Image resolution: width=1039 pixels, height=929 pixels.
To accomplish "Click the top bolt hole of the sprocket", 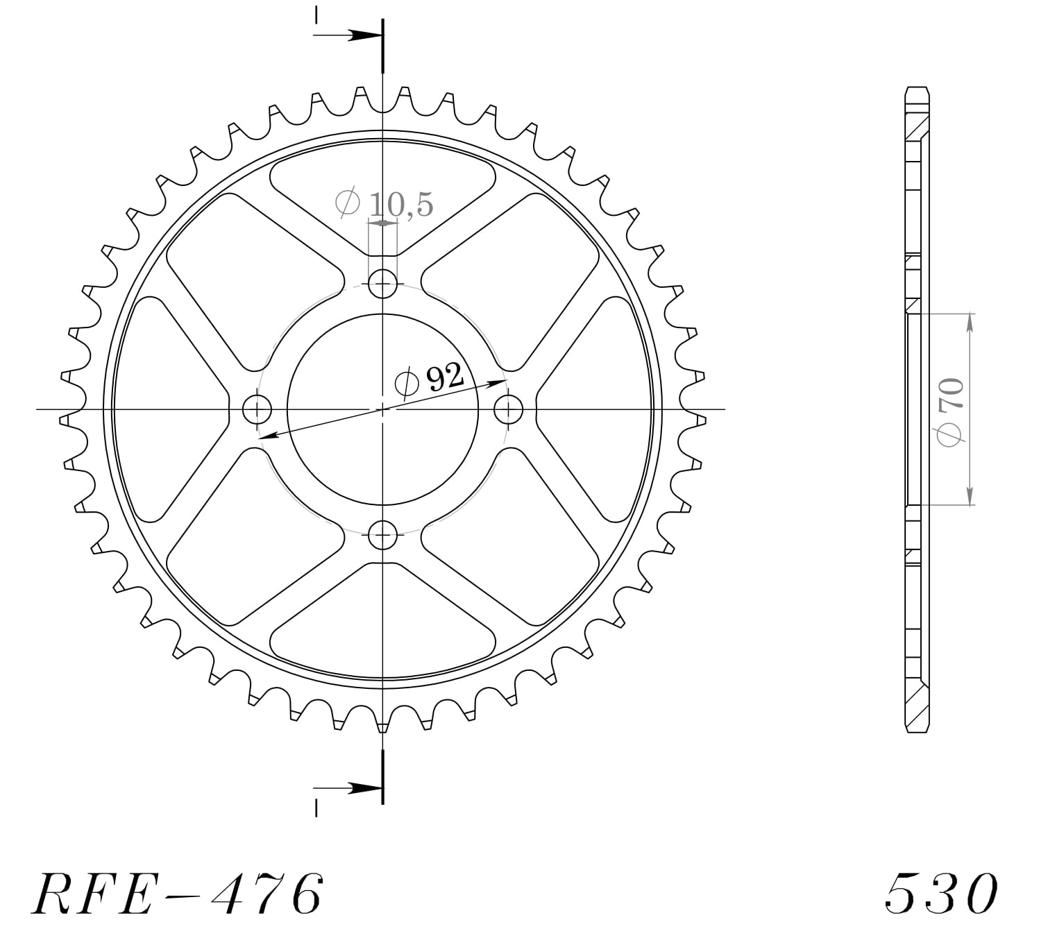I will pos(382,283).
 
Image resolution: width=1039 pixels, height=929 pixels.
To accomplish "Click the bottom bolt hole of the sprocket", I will pos(382,535).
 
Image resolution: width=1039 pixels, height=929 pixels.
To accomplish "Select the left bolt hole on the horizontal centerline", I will pos(257,409).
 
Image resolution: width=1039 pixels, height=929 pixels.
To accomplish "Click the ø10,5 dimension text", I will pos(384,204).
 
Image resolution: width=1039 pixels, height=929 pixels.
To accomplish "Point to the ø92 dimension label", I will pos(429,380).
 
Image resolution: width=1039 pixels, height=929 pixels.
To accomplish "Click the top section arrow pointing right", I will pos(362,35).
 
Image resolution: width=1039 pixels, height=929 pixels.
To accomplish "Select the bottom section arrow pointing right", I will pos(362,787).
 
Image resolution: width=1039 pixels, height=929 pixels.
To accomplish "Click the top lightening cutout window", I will pos(382,191).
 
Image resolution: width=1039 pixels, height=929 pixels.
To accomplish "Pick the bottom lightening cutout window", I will pos(382,628).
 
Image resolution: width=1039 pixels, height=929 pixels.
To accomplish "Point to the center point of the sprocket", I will pos(382,409).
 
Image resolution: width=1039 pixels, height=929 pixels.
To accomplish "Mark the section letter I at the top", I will pos(316,15).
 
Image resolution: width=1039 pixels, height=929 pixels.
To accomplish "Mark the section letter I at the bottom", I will pos(316,808).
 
